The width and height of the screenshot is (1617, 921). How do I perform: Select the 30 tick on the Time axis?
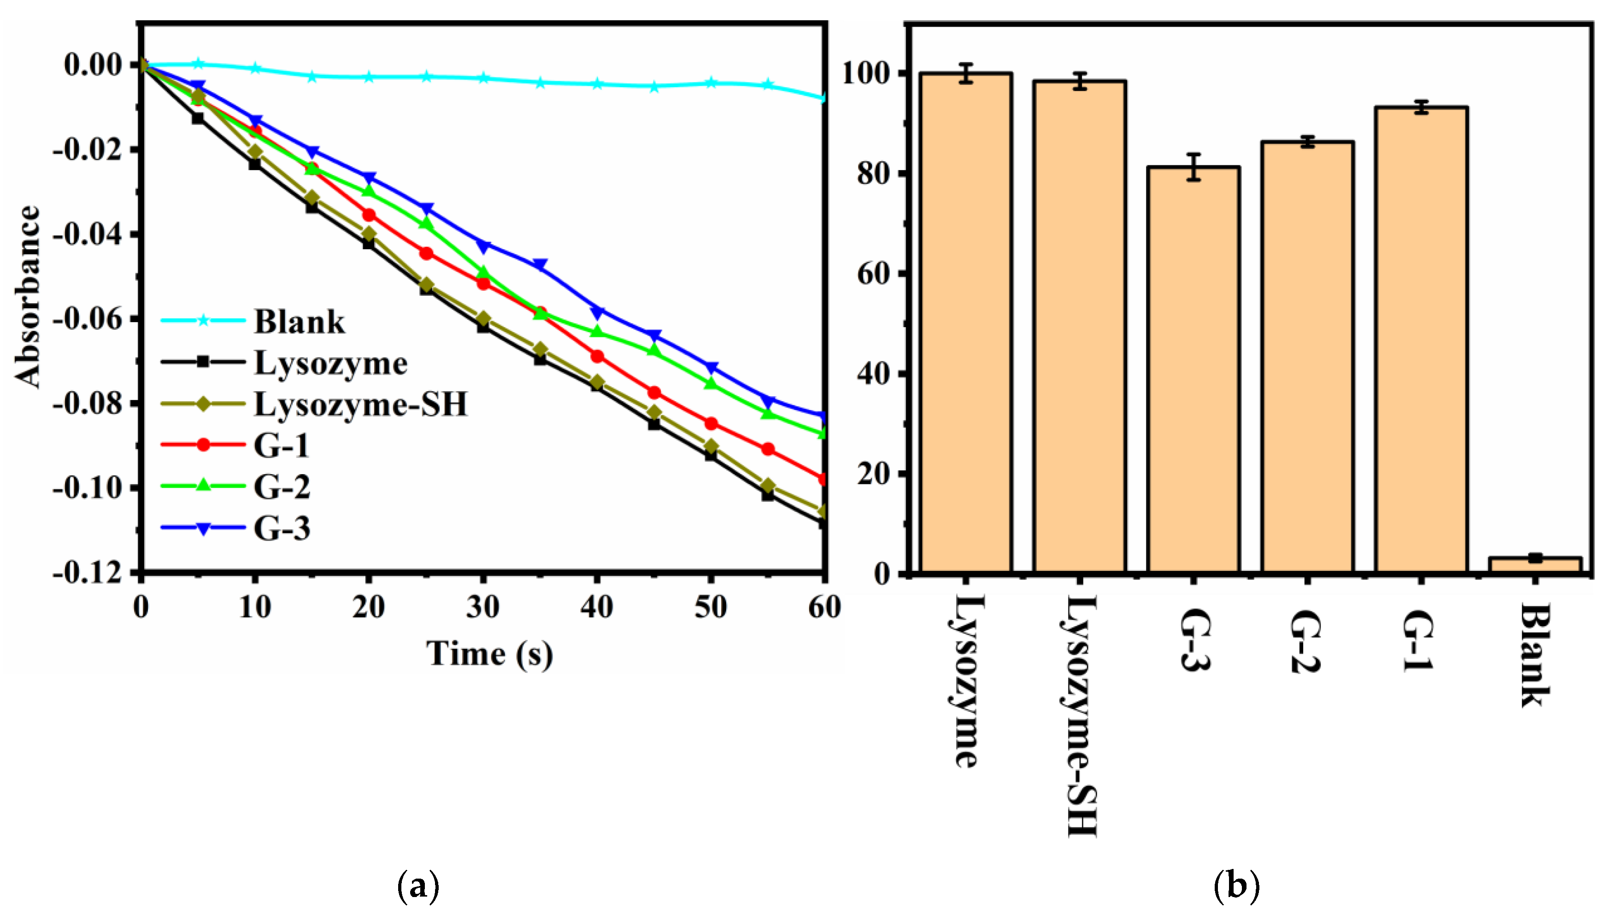(x=482, y=607)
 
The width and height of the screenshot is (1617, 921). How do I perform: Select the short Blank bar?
(x=1535, y=565)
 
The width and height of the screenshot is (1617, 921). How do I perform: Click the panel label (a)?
(x=417, y=886)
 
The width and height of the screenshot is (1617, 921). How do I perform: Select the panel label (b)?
(x=1236, y=886)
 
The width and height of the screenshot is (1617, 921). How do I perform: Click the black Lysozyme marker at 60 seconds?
(x=823, y=523)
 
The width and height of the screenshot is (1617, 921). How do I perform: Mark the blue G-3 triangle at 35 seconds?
(x=540, y=264)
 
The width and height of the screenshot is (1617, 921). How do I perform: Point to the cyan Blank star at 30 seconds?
(x=484, y=78)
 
